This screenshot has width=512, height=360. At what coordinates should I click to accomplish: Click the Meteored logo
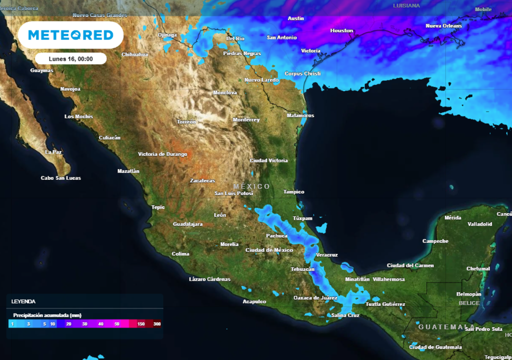[70, 34]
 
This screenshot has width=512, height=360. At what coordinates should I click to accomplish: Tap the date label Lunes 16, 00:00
[70, 58]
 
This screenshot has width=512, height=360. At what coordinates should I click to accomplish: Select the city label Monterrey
[246, 120]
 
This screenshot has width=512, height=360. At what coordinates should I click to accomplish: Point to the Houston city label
[341, 31]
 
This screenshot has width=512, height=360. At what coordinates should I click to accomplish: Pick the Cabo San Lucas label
[60, 178]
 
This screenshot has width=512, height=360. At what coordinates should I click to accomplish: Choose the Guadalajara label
[187, 224]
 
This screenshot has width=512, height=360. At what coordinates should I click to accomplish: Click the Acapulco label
[254, 301]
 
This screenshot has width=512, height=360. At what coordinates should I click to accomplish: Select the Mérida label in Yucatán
[452, 218]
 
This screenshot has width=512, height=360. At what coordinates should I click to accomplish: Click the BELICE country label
[469, 303]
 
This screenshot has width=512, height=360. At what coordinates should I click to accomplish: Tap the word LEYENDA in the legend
[23, 301]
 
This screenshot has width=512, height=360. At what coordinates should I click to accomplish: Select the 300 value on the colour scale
[157, 324]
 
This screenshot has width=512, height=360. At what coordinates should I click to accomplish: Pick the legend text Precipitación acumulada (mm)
[47, 315]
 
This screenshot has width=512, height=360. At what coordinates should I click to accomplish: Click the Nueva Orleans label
[443, 26]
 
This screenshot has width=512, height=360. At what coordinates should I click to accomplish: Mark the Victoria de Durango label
[162, 154]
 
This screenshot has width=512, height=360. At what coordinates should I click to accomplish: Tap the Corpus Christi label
[302, 73]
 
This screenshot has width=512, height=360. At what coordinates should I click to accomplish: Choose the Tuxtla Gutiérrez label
[385, 304]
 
